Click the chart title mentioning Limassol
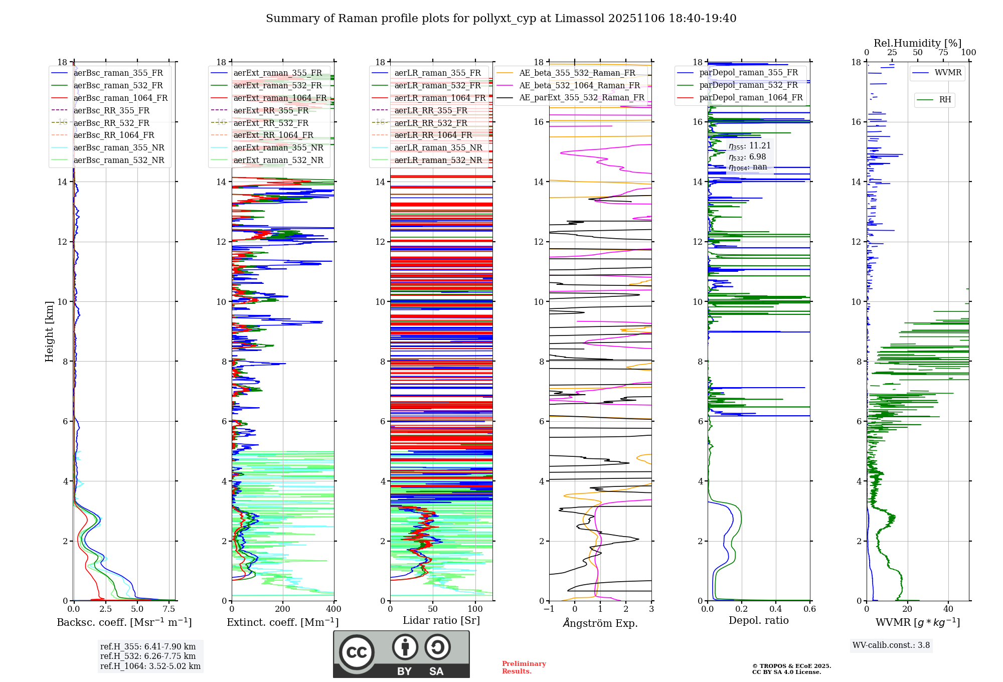(501, 19)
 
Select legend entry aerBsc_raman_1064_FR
(120, 98)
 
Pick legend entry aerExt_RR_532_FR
(271, 123)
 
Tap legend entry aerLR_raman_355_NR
(438, 148)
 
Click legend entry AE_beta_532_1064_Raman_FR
(579, 86)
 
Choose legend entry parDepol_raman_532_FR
(748, 85)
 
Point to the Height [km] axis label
(49, 331)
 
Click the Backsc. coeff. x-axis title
(124, 622)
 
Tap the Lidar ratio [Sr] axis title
(441, 620)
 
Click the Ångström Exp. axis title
(600, 623)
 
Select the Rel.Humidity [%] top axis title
(917, 43)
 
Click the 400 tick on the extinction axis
(333, 609)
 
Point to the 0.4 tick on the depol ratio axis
(776, 609)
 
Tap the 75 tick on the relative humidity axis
(943, 53)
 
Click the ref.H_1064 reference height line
(150, 666)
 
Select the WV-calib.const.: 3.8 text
(891, 645)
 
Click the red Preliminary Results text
(524, 667)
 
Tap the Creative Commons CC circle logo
(357, 652)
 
